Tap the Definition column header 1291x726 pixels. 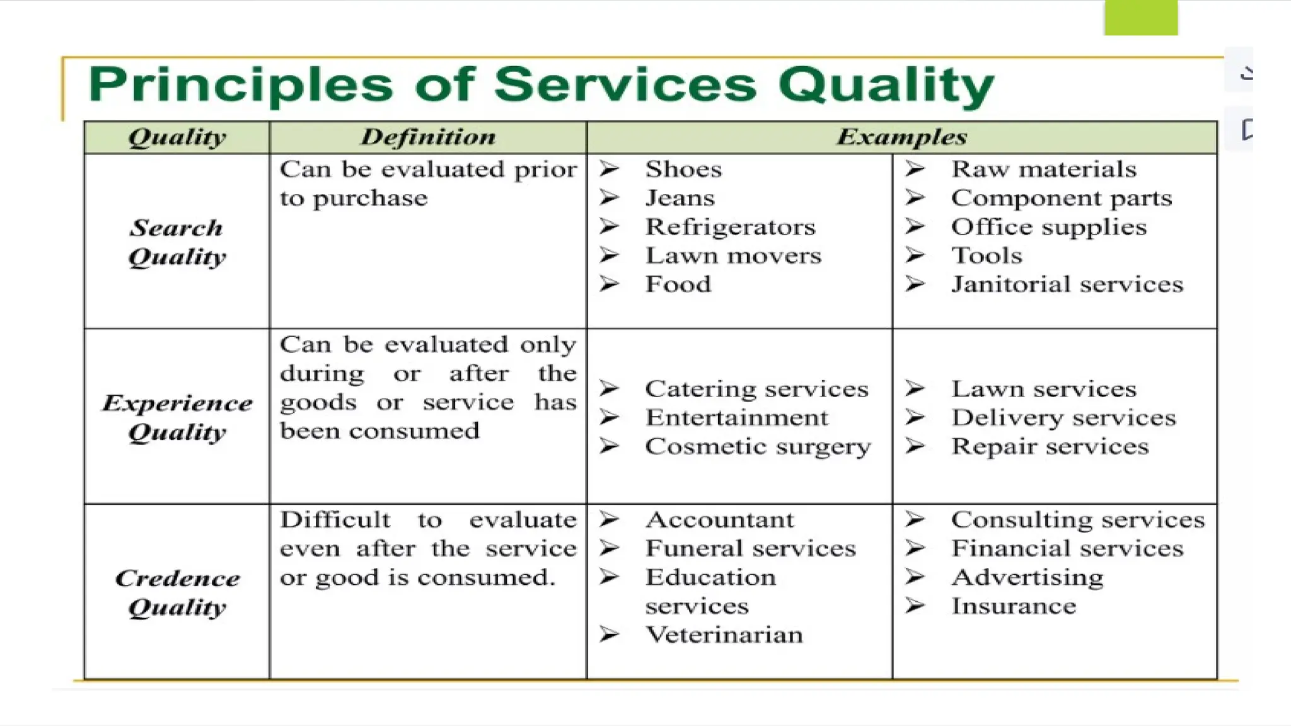pyautogui.click(x=428, y=137)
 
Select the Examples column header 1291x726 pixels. pyautogui.click(x=901, y=137)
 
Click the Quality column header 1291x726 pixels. pyautogui.click(x=177, y=137)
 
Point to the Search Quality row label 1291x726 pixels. pyautogui.click(x=177, y=243)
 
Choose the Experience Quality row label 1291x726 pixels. pyautogui.click(x=177, y=417)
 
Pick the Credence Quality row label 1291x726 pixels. pyautogui.click(x=177, y=592)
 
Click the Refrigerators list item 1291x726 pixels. pyautogui.click(x=730, y=227)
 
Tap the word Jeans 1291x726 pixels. pyautogui.click(x=680, y=199)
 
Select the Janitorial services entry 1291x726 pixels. pyautogui.click(x=1067, y=284)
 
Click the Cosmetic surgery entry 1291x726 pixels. pyautogui.click(x=758, y=446)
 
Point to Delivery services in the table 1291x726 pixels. pyautogui.click(x=1063, y=418)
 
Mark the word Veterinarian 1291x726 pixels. pyautogui.click(x=724, y=635)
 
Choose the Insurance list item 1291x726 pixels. pyautogui.click(x=1014, y=606)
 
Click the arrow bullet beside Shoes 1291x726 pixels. pyautogui.click(x=609, y=169)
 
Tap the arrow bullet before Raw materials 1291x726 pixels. pyautogui.click(x=915, y=169)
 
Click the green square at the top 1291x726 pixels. pyautogui.click(x=1140, y=18)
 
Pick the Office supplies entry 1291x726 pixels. pyautogui.click(x=1048, y=227)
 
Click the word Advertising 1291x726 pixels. pyautogui.click(x=1028, y=577)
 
